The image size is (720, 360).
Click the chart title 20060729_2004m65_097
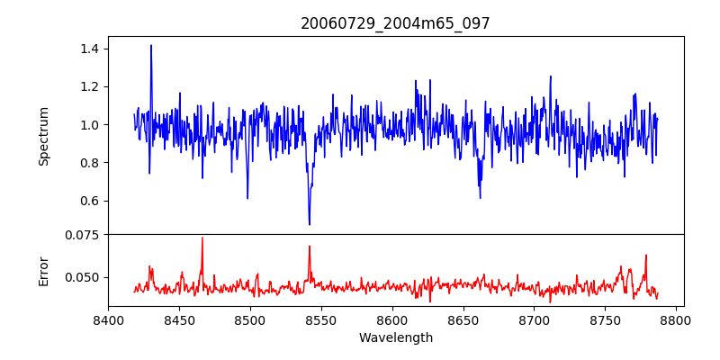[395, 23]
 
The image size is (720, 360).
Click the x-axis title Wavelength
[395, 337]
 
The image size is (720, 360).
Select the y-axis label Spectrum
[43, 136]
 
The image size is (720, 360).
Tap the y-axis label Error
[43, 270]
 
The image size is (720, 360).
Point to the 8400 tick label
[108, 319]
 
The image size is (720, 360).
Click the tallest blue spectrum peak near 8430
[151, 45]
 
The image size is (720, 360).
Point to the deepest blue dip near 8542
[310, 224]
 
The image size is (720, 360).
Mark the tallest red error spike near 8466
[202, 238]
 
